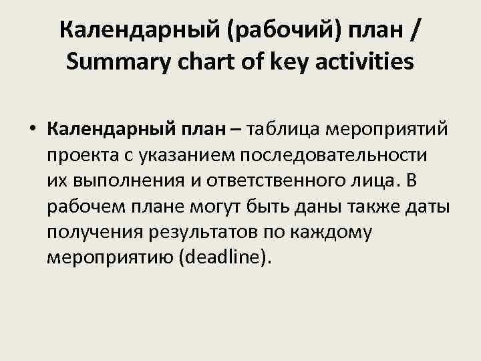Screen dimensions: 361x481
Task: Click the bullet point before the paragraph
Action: tap(33, 127)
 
